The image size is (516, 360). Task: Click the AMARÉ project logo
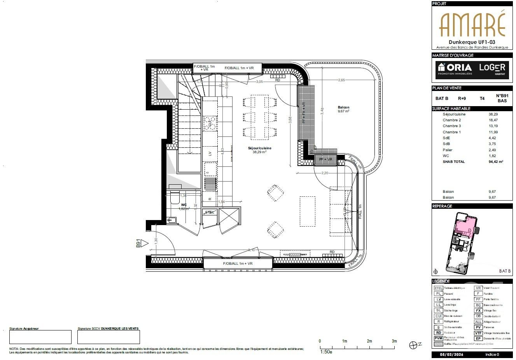pos(472,24)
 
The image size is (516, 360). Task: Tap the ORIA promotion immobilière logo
pos(454,69)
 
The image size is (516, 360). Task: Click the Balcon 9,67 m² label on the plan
pos(343,109)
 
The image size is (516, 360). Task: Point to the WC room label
pos(184,205)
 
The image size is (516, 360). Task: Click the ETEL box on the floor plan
pos(210,212)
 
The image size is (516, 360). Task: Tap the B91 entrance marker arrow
pos(145,244)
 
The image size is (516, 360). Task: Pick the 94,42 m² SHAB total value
pos(496,162)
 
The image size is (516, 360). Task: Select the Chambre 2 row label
pos(451,120)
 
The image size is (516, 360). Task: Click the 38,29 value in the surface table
pos(493,114)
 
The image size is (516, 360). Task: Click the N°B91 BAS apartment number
pos(502,98)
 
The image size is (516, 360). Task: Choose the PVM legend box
pos(439,339)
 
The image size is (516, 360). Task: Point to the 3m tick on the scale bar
pos(394,341)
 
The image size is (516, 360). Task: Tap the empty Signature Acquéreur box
pos(40,337)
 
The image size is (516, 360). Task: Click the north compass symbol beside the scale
pos(413,344)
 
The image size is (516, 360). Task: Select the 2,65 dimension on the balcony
pos(341,80)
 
